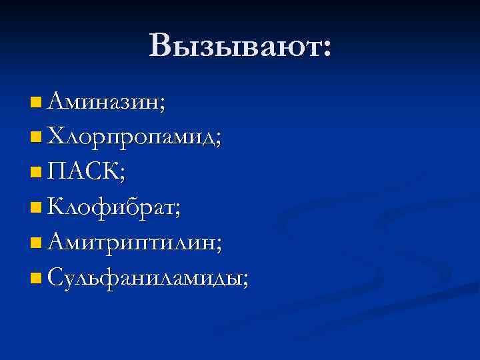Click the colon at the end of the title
point(325,48)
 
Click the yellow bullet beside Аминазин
point(35,103)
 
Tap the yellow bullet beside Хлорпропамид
point(35,138)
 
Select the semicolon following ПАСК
point(121,175)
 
